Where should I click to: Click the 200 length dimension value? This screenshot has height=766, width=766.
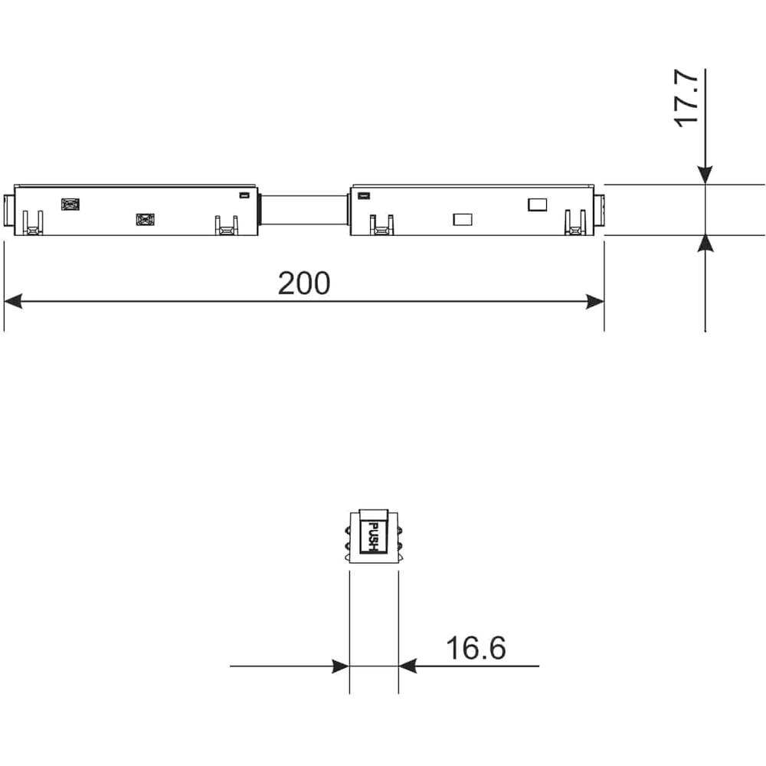[x=304, y=283]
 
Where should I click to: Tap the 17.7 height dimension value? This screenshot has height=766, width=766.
[x=686, y=98]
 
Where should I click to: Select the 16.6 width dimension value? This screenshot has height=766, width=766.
[x=476, y=648]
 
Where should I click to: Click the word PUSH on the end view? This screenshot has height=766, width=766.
[x=373, y=537]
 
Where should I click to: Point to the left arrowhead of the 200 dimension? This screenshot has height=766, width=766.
[x=13, y=301]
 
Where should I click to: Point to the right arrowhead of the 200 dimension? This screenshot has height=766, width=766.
[x=595, y=302]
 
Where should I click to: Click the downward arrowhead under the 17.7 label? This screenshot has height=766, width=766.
[x=705, y=175]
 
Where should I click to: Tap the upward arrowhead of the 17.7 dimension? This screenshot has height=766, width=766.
[x=705, y=244]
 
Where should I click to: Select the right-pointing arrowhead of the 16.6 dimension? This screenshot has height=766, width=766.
[x=341, y=666]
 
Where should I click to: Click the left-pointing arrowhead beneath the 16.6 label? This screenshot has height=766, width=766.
[x=408, y=666]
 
